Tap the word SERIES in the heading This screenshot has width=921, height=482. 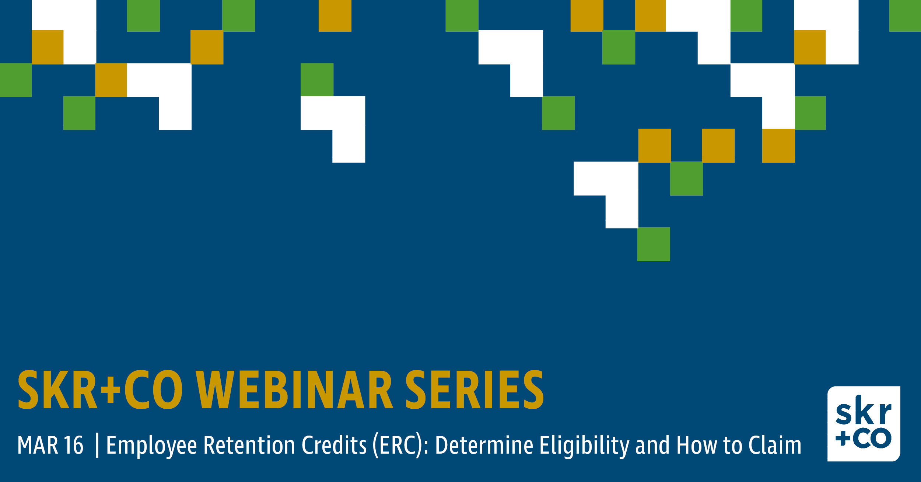pos(475,390)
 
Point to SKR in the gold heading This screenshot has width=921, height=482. pos(57,390)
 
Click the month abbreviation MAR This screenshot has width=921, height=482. pos(38,445)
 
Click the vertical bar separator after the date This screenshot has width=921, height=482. pos(97,446)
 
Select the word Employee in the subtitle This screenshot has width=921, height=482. pos(152,446)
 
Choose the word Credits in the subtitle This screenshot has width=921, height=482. pos(335,445)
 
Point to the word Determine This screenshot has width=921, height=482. pos(484,445)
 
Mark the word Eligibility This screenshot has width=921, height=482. pos(585,446)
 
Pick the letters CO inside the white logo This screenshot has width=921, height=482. pos(872,439)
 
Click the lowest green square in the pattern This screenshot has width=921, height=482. pos(654,244)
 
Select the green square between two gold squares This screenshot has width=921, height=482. pos(686,178)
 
